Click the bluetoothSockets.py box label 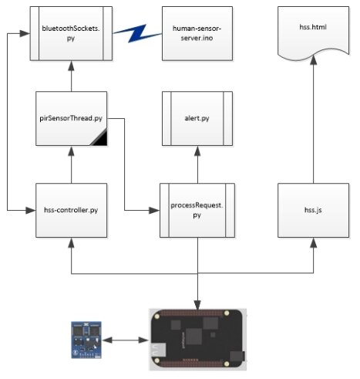tap(71, 33)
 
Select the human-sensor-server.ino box tap(197, 33)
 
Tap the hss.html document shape tap(313, 33)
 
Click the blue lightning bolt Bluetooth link tap(137, 33)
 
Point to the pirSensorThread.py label tap(71, 118)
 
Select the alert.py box tap(197, 119)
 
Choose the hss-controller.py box tap(71, 210)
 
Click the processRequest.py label tap(197, 210)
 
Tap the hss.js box tap(313, 210)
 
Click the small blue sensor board tap(86, 340)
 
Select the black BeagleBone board tap(197, 340)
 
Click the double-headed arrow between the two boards tap(126, 340)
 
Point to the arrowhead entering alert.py tap(197, 151)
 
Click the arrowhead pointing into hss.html tap(313, 60)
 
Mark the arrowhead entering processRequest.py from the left tap(154, 211)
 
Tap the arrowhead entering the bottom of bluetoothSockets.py tap(71, 66)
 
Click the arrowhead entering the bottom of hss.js tap(313, 242)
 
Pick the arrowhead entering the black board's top tap(197, 305)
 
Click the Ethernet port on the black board tap(158, 350)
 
